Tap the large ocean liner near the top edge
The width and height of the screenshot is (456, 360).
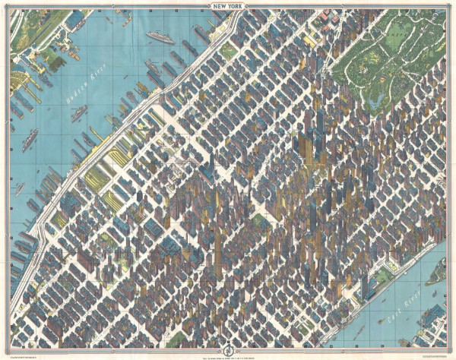tap(160, 35)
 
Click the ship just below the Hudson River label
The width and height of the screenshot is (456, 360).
tap(78, 114)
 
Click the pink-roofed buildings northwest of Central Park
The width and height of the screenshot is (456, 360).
tap(325, 15)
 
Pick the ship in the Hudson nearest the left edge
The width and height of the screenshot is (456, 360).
tap(29, 139)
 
